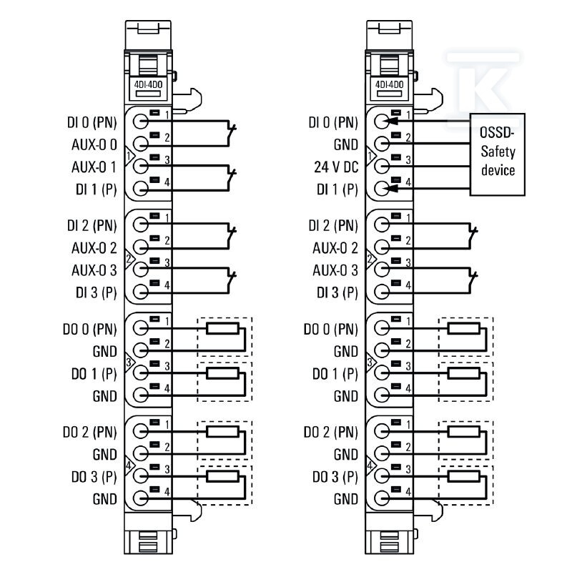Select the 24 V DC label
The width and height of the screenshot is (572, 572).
(x=336, y=167)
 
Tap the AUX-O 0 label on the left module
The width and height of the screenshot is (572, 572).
(x=94, y=145)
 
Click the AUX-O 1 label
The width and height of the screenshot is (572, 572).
(x=94, y=167)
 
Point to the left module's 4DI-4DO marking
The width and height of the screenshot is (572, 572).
(x=148, y=84)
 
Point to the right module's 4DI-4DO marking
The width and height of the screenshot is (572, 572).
(x=390, y=84)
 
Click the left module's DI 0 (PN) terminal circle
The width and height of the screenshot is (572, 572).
(x=140, y=122)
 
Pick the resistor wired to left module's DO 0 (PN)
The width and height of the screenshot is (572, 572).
(x=222, y=328)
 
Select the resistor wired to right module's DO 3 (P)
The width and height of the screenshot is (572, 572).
(x=464, y=476)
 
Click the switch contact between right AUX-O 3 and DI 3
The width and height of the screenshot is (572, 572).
(x=473, y=281)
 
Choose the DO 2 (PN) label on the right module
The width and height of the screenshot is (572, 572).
(x=330, y=433)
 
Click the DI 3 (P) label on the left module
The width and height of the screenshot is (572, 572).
(x=97, y=292)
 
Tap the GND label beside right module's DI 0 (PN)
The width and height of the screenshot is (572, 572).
(x=346, y=145)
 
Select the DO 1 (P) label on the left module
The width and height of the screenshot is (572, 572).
(x=94, y=374)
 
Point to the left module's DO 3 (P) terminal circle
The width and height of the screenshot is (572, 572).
(x=140, y=475)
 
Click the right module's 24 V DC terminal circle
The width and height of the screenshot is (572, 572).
(x=382, y=167)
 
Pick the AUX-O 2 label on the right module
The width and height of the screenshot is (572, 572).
(x=335, y=248)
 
